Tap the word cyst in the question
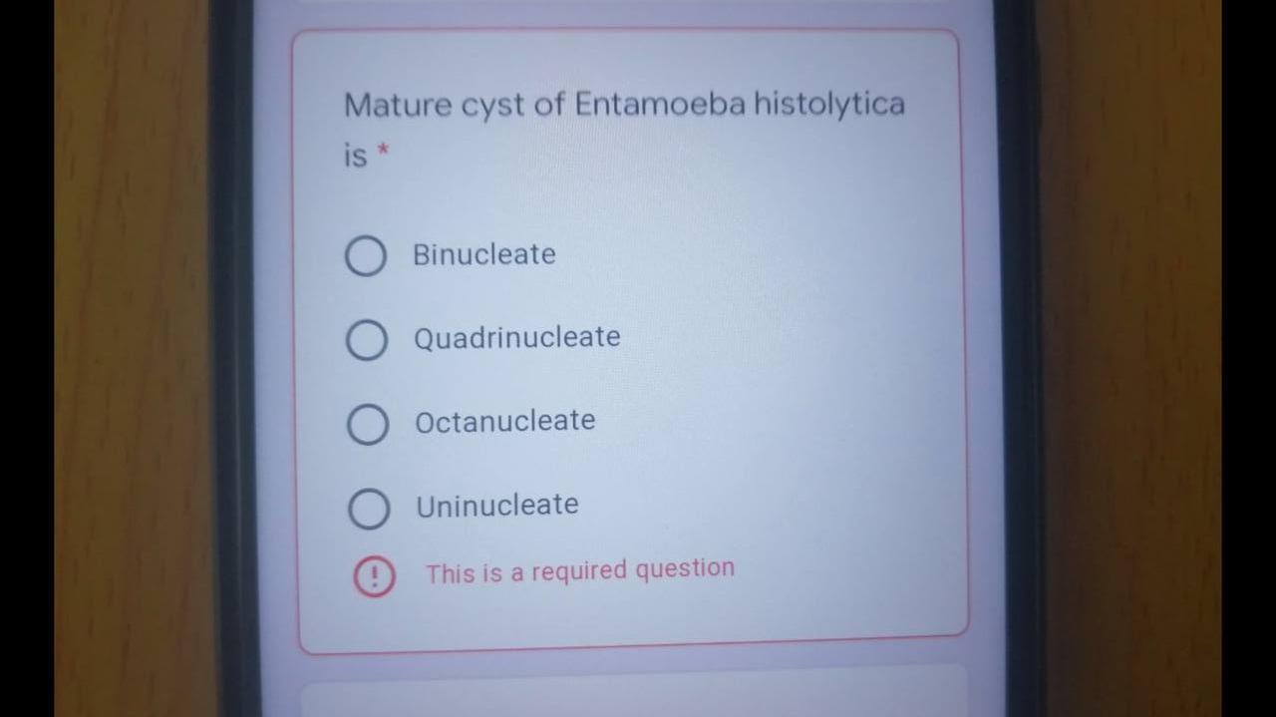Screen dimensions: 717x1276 click(492, 107)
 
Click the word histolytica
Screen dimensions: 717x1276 click(828, 104)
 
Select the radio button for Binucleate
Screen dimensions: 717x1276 click(366, 256)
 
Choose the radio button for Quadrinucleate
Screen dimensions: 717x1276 click(367, 340)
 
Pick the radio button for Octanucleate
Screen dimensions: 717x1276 click(368, 425)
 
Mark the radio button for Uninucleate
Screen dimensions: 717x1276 click(369, 510)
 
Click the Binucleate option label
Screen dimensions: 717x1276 click(484, 254)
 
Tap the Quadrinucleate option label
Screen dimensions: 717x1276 click(517, 338)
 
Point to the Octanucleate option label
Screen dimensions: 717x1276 click(505, 421)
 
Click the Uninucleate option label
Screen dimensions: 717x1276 click(497, 506)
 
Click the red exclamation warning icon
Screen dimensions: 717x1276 click(374, 577)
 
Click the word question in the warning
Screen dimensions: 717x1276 click(685, 569)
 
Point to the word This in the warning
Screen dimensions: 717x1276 click(451, 574)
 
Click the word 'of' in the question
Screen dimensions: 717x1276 click(549, 105)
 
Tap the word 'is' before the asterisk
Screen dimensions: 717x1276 click(355, 156)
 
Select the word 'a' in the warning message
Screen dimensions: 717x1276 click(516, 573)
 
